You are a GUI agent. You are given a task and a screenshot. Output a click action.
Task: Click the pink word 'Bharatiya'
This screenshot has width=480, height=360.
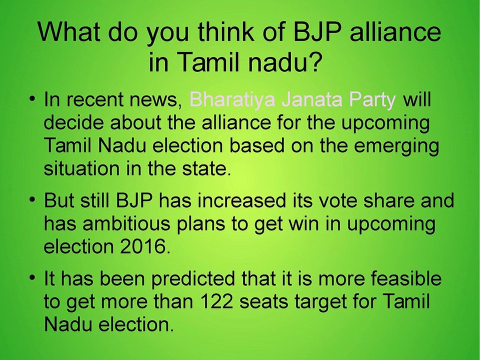(232, 100)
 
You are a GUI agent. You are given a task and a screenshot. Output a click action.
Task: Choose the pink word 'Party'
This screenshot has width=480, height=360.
(372, 100)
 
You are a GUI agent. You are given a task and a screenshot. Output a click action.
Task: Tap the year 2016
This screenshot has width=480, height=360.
(145, 246)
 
